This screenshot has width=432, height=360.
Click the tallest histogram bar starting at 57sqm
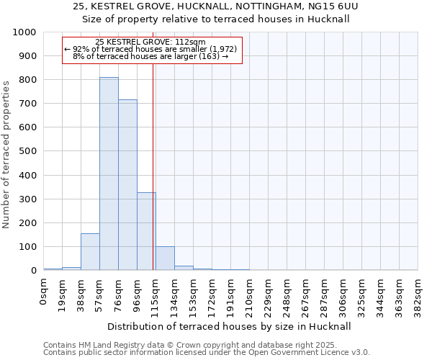click(109, 174)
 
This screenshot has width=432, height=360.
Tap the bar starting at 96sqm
click(146, 231)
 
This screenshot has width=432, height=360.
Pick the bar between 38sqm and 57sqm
click(90, 252)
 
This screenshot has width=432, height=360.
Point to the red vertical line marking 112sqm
click(153, 166)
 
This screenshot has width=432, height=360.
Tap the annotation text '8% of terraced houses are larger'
click(150, 56)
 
